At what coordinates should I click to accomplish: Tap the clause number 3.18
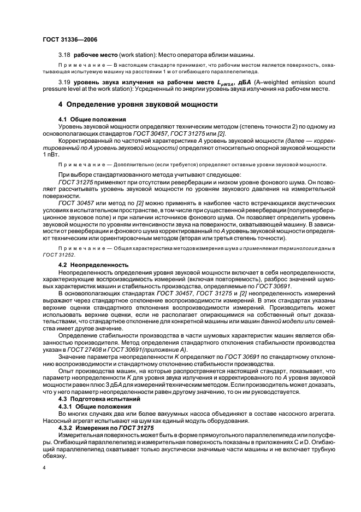[x=64, y=56]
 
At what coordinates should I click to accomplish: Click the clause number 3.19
[x=64, y=82]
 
